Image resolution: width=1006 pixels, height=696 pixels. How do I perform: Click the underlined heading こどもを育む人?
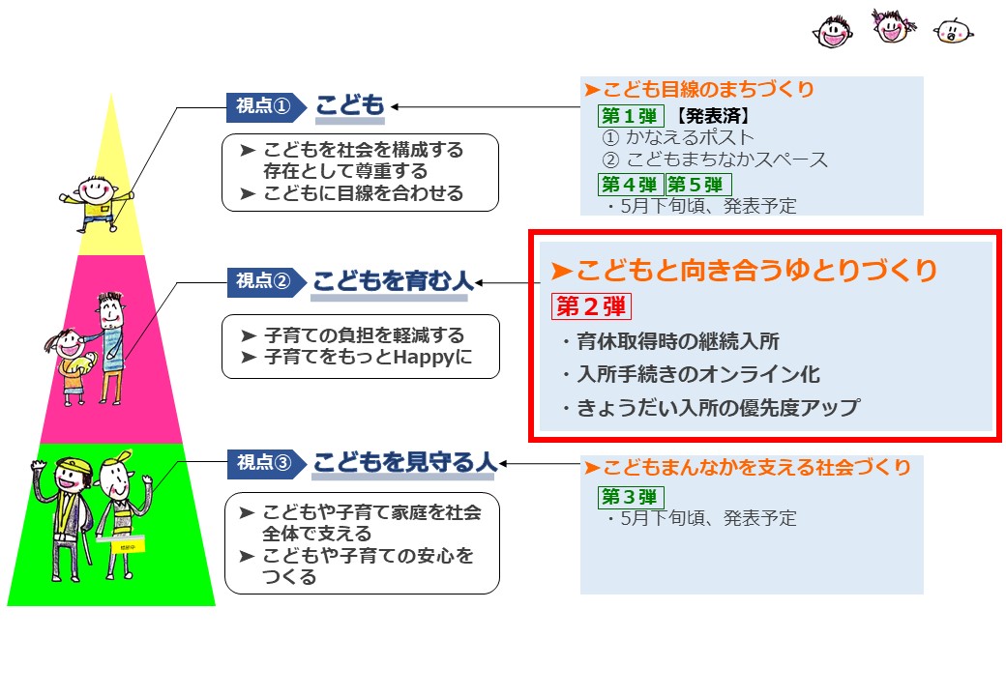[x=393, y=282]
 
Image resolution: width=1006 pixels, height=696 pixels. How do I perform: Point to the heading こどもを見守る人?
[x=405, y=463]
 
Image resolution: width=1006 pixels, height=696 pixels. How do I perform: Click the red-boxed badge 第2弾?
[x=591, y=306]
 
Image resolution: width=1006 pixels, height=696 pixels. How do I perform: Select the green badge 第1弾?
[x=630, y=116]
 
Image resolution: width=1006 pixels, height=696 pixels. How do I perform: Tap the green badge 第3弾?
[x=630, y=497]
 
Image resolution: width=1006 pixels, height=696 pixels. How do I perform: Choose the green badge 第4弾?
[x=630, y=185]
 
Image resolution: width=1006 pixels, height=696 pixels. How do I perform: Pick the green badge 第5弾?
[x=698, y=185]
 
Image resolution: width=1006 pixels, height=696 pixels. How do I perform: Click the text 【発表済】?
[x=712, y=116]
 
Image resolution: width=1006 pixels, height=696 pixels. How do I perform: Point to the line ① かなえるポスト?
[x=677, y=137]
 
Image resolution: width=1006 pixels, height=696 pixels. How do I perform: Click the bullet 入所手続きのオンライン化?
[x=692, y=374]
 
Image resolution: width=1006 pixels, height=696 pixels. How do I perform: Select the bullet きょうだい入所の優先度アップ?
[x=711, y=408]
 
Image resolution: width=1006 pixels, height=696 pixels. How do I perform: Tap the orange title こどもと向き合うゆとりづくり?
[x=744, y=270]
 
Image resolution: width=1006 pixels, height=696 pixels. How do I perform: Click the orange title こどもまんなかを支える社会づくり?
[x=747, y=467]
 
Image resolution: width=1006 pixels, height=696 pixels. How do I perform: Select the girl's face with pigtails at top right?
[x=893, y=26]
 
